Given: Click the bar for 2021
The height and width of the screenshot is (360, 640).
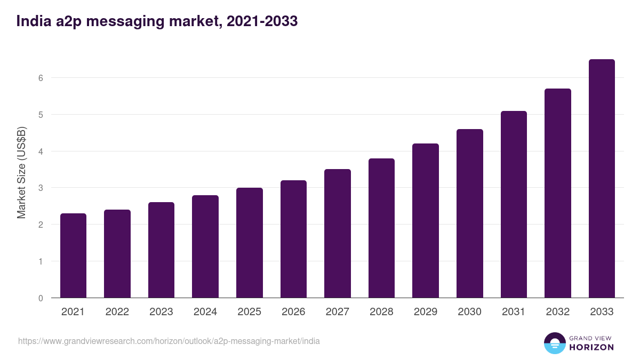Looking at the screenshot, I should point(73,255).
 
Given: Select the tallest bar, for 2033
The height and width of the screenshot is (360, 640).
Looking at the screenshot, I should point(602,179).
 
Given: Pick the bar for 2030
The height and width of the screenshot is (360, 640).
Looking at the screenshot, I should point(470,213).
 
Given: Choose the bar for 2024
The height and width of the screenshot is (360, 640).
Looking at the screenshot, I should point(205,246).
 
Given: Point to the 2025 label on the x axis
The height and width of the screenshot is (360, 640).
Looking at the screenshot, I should point(249,312).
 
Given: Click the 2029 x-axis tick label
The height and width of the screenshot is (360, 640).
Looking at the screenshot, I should point(426,312).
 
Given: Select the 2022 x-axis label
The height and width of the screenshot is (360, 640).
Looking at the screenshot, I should point(117,312).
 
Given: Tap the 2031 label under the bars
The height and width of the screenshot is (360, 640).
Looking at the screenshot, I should point(514,312).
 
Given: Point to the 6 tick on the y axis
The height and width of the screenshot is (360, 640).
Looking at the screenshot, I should point(40,78).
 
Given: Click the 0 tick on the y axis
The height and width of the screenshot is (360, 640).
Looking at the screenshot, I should point(40,298).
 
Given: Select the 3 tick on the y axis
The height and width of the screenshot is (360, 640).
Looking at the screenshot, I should point(40,188).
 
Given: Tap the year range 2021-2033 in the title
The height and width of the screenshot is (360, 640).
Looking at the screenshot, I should point(262,21).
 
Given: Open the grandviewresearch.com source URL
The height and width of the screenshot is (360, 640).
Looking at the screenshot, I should point(169,341).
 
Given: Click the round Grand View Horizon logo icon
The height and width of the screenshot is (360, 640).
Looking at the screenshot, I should point(555,343).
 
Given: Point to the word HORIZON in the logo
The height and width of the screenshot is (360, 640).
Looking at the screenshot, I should point(591,347).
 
